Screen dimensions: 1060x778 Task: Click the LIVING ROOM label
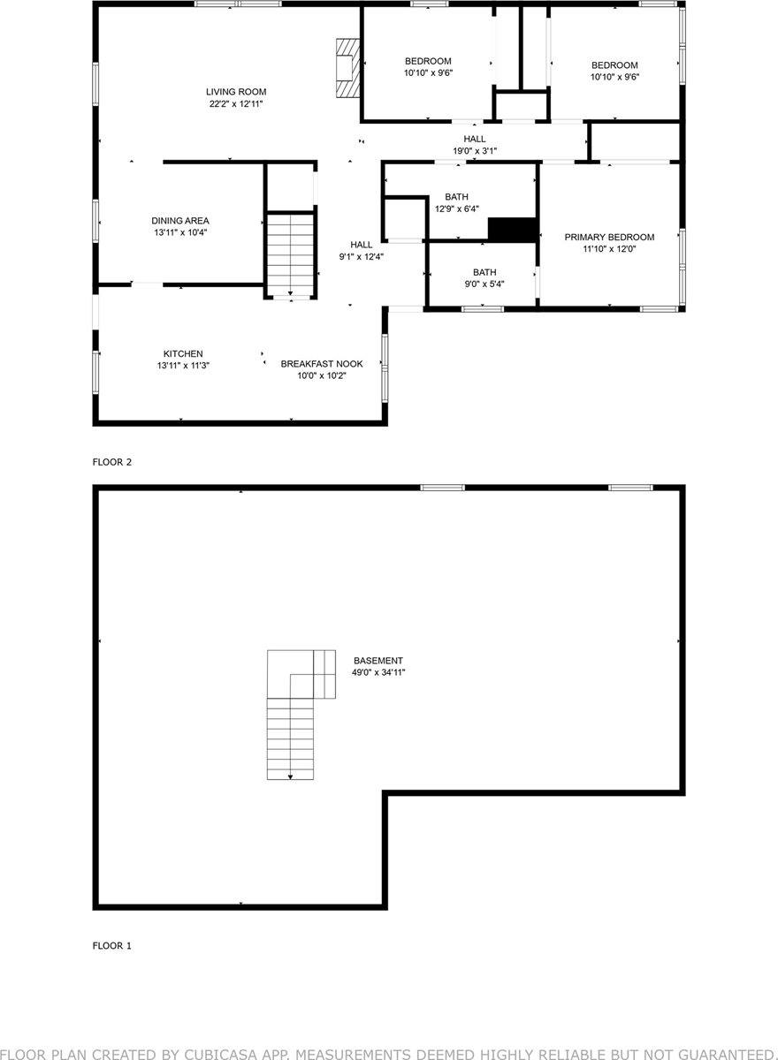[236, 92]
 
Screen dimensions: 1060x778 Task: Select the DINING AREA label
[180, 221]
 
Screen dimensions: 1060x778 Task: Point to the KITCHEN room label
[183, 353]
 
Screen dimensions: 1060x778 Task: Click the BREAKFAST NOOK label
[322, 364]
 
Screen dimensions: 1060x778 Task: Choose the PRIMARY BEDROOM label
[609, 237]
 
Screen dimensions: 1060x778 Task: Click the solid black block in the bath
[513, 229]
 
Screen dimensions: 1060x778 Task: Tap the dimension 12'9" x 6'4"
[457, 209]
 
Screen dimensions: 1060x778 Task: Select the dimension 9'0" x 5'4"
[484, 284]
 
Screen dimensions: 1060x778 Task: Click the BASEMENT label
[378, 661]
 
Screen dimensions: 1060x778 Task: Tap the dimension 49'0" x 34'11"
[378, 673]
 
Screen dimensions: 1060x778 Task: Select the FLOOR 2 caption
[112, 462]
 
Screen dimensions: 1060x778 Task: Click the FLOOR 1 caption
[112, 946]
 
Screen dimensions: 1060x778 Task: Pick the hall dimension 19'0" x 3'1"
[475, 151]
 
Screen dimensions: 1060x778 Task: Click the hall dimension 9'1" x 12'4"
[361, 257]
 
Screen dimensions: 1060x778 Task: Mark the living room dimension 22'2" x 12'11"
[236, 104]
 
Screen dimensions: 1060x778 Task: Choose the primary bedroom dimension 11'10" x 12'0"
[609, 249]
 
